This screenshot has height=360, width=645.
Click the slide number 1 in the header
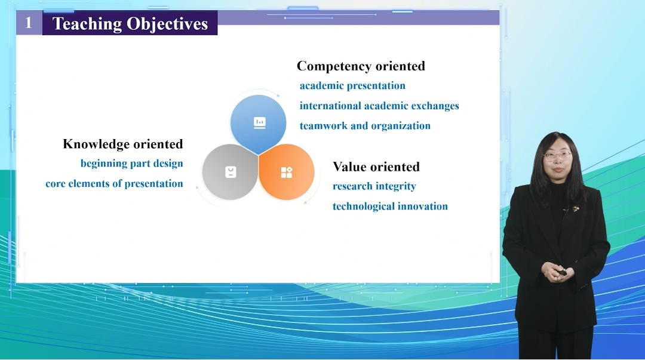click(x=29, y=23)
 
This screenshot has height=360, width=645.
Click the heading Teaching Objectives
click(x=130, y=24)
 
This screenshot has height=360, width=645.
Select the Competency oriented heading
click(x=361, y=66)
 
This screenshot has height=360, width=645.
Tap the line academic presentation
click(x=352, y=85)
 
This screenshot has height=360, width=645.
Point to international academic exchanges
click(x=379, y=106)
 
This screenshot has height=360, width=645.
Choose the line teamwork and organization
click(x=365, y=125)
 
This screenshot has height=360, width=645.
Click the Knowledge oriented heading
click(x=123, y=144)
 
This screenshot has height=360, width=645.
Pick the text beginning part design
click(x=131, y=164)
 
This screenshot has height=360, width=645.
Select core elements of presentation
click(x=114, y=183)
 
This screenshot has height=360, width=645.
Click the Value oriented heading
click(x=376, y=167)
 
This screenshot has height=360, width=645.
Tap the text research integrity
click(x=374, y=186)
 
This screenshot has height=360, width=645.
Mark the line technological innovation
click(x=390, y=206)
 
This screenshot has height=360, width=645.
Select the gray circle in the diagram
click(x=230, y=172)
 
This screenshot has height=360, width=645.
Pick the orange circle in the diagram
click(x=287, y=172)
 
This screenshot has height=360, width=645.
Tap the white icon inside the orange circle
click(x=287, y=172)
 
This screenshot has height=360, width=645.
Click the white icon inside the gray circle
click(x=231, y=172)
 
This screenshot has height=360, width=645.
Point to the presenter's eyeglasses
click(x=558, y=156)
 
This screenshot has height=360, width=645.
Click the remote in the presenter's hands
click(x=562, y=272)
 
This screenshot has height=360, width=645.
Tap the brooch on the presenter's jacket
click(x=576, y=209)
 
